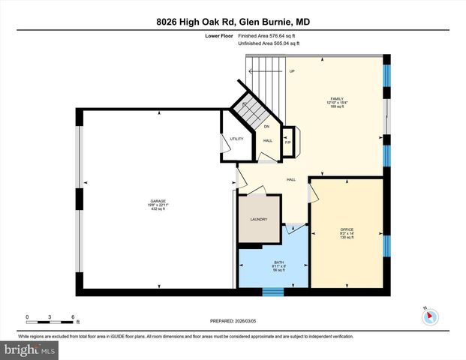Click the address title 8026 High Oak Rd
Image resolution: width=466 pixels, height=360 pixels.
[x=233, y=22]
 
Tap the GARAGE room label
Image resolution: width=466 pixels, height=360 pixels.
[x=158, y=201]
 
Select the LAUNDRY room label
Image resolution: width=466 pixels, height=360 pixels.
[x=259, y=219]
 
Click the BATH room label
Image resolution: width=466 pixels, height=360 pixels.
[x=278, y=262]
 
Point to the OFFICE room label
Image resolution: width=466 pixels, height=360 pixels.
[x=347, y=229]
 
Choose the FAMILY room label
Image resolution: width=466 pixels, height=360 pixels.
[x=337, y=97]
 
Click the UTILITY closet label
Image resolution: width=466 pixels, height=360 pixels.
[x=236, y=139]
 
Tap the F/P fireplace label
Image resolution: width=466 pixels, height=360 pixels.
[x=287, y=142]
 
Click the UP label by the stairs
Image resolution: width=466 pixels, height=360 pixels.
[x=291, y=71]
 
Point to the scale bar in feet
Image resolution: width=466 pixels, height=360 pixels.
[x=50, y=316]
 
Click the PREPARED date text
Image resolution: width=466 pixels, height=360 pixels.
[x=233, y=321]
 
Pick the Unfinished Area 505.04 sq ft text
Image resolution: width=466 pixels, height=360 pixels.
[x=269, y=44]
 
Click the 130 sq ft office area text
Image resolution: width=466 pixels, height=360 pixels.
[x=347, y=238]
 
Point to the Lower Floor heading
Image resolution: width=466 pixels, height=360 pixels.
[x=218, y=36]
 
